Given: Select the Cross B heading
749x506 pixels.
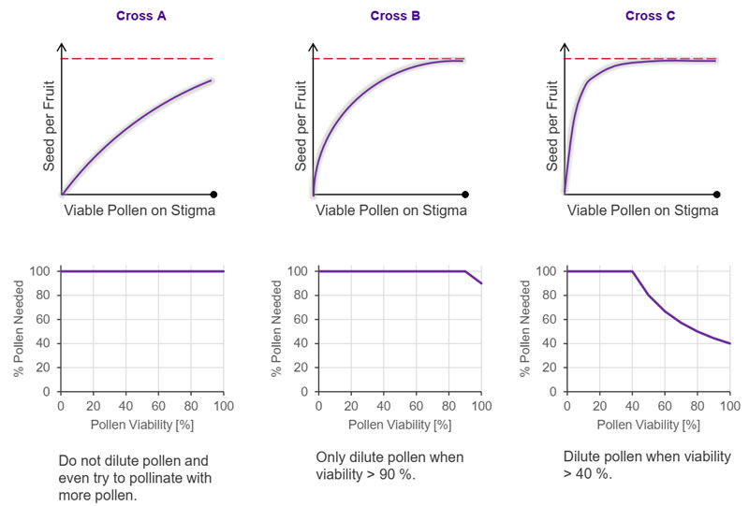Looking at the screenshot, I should pyautogui.click(x=389, y=16).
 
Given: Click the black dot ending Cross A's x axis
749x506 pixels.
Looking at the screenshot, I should pyautogui.click(x=214, y=195).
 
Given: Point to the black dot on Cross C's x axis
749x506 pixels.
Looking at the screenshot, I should pyautogui.click(x=718, y=195).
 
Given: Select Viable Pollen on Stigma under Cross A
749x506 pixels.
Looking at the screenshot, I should pyautogui.click(x=140, y=211).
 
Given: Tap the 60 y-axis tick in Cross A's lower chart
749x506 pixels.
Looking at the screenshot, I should pyautogui.click(x=45, y=319).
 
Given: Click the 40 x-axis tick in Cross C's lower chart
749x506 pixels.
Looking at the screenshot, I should pyautogui.click(x=632, y=405).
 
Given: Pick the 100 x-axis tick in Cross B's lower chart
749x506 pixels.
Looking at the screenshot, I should pyautogui.click(x=481, y=405).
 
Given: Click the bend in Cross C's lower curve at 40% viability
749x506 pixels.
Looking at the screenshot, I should pyautogui.click(x=632, y=271).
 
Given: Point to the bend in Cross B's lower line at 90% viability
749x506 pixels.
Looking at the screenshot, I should pyautogui.click(x=465, y=271).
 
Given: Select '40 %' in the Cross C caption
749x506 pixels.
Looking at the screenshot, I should pyautogui.click(x=586, y=475).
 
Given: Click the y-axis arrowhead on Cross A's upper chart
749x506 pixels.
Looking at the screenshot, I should pyautogui.click(x=62, y=47).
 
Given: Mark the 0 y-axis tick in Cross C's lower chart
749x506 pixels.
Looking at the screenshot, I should pyautogui.click(x=555, y=391).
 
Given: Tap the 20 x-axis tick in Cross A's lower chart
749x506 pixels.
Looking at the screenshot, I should pyautogui.click(x=94, y=405).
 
